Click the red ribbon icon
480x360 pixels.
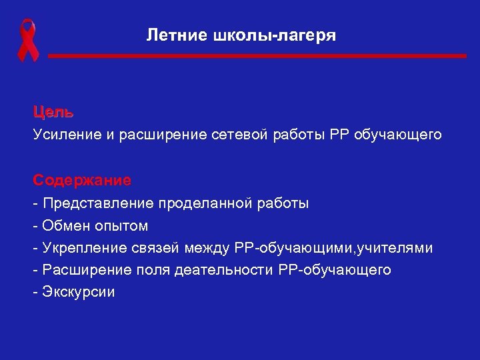tap(27, 41)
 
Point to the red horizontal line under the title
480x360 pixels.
tap(257, 57)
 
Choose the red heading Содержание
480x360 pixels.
tap(83, 180)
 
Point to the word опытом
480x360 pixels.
tap(119, 225)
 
